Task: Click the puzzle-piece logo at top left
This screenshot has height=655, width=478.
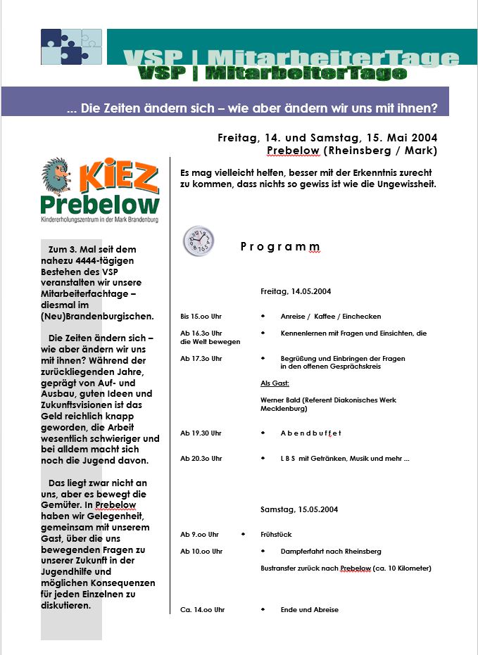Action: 71,47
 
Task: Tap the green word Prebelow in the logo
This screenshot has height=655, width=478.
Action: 100,205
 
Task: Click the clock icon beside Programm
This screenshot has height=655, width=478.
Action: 199,241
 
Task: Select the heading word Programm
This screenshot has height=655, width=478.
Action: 280,247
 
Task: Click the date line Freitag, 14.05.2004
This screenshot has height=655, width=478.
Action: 296,291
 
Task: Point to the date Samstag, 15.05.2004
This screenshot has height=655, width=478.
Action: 299,509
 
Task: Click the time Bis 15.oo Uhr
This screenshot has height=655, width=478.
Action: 201,317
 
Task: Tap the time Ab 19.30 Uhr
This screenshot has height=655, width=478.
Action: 201,433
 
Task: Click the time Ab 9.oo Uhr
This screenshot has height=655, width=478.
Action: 199,534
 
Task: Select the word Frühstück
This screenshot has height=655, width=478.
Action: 276,534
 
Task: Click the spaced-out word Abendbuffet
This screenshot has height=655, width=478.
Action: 310,433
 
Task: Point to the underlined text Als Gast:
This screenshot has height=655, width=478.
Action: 275,383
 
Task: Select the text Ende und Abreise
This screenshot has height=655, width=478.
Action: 309,609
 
